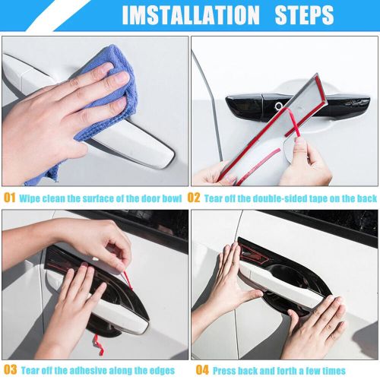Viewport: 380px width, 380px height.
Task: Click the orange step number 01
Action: click(9, 197)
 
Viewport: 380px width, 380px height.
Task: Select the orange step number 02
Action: click(194, 197)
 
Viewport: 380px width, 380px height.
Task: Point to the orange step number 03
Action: click(9, 370)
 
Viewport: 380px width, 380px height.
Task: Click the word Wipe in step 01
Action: click(31, 197)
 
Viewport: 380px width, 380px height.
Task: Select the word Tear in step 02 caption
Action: click(216, 197)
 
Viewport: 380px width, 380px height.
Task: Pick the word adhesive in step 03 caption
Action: click(89, 370)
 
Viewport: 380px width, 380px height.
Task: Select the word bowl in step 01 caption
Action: click(173, 197)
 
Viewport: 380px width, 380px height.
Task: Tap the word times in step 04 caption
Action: click(331, 370)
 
